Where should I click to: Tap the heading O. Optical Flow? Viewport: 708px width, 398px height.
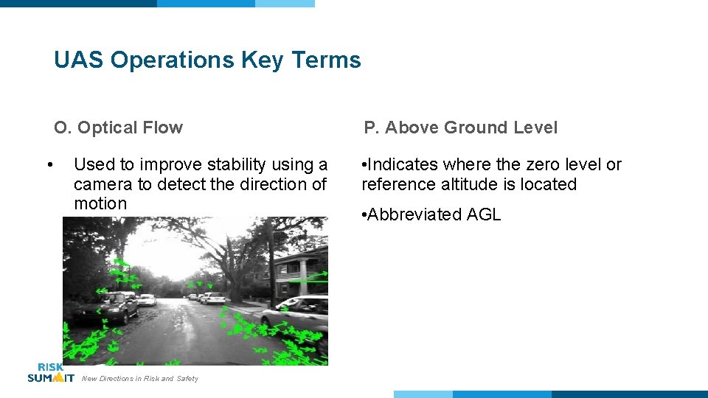[118, 128]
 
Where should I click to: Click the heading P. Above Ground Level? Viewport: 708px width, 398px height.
[460, 128]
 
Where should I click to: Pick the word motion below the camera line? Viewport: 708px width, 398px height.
[100, 203]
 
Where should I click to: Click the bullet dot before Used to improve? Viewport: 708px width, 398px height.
[49, 164]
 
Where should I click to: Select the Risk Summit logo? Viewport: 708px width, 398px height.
[50, 373]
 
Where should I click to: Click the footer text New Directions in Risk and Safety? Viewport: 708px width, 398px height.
[140, 379]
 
